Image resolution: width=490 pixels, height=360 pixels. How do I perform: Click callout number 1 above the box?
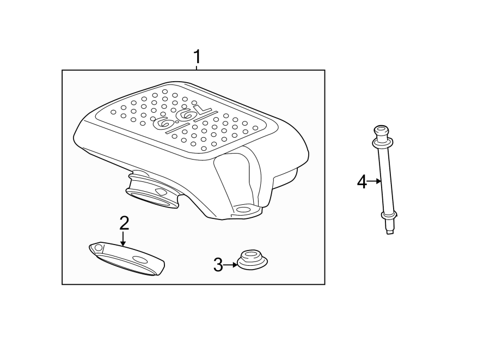pos(197,57)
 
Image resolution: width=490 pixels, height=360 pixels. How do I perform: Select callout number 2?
pos(124,223)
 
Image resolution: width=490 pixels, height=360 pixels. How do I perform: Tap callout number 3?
pos(218,265)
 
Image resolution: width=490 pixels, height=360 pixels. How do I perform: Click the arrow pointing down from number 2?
pos(124,238)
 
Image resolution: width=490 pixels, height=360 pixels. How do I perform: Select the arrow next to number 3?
pos(231,265)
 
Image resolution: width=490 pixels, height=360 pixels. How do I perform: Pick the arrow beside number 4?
pos(374,181)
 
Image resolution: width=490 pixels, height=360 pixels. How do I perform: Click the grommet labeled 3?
pos(252,259)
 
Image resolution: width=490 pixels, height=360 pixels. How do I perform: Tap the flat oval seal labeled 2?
pos(126,259)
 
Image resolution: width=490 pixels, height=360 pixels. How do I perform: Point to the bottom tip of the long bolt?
pos(389,232)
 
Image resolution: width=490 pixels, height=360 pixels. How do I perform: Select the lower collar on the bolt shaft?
pos(389,215)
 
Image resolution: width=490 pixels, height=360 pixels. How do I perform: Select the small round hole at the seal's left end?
pos(98,248)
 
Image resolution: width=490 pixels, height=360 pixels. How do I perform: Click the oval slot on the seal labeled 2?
pos(139,260)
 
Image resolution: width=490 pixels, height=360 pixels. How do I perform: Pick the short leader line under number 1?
pos(197,67)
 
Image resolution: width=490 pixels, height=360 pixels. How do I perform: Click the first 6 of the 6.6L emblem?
pos(163,122)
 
